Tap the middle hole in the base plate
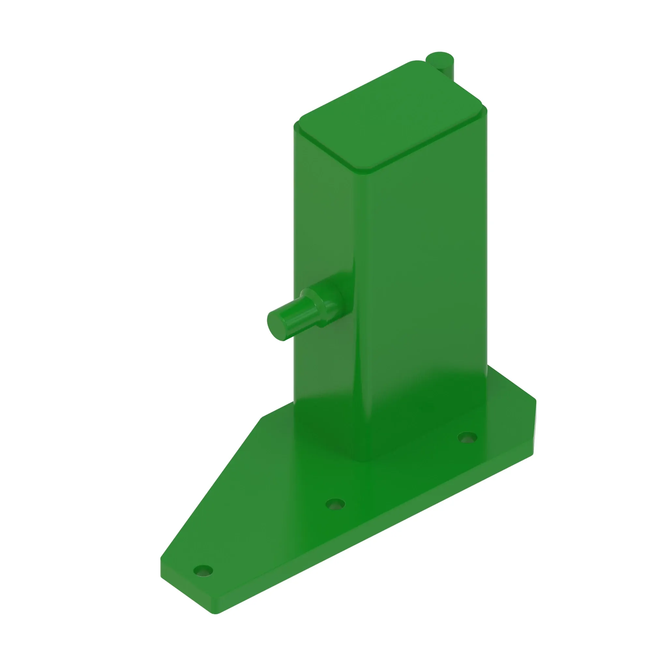pos(335,505)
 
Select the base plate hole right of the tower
pos(467,438)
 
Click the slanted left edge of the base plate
pos(209,489)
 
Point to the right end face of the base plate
pos(534,429)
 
